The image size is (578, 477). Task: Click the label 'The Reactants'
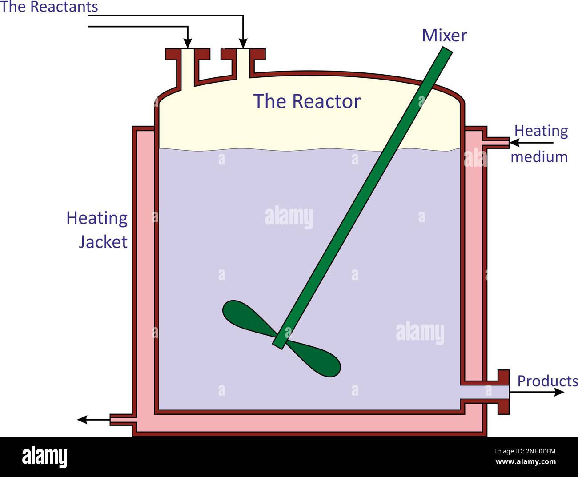click(49, 7)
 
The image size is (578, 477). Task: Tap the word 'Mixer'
click(444, 36)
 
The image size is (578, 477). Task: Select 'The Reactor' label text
click(306, 101)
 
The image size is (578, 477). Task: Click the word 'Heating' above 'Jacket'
click(97, 219)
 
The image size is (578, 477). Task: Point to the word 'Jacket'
click(103, 242)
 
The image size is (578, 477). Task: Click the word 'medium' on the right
click(539, 157)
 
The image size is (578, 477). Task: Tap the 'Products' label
click(547, 381)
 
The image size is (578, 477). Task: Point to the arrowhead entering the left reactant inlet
click(188, 44)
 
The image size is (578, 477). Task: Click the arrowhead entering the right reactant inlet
click(243, 44)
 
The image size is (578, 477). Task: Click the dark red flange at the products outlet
click(503, 392)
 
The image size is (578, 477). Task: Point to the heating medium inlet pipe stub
click(498, 143)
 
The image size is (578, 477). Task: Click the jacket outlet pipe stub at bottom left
click(121, 419)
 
